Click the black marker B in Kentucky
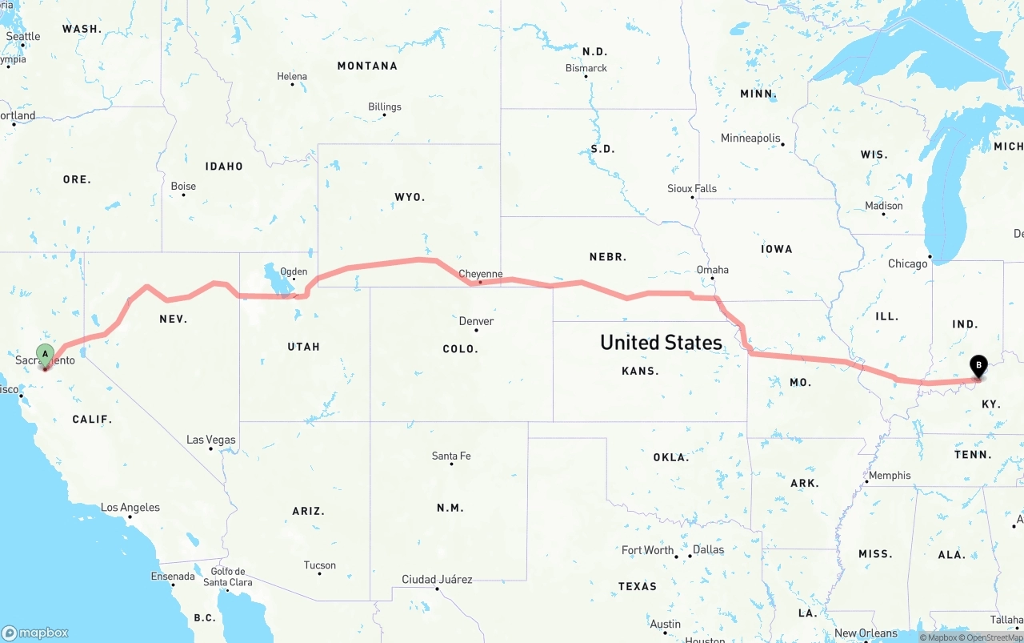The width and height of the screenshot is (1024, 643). pos(978,366)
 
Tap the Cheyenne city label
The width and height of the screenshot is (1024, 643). pos(480,274)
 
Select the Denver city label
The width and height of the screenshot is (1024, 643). pos(476,321)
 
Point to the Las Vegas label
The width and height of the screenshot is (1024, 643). pos(211,440)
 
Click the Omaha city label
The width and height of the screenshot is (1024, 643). pos(712,270)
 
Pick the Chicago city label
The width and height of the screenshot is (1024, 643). pos(907,263)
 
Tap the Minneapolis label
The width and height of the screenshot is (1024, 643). pos(750,139)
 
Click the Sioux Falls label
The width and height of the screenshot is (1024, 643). pos(692,189)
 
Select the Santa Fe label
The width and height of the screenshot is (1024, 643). pos(451,456)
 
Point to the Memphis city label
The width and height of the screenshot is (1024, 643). pos(889,476)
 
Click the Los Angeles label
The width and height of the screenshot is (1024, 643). pos(130,508)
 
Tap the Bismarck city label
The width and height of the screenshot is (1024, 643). pos(586,68)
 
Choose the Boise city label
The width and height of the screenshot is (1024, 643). pos(183,187)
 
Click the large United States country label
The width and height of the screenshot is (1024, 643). pos(661,343)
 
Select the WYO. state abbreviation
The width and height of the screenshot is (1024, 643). pos(410,197)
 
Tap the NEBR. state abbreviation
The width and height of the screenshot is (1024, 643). pos(608,257)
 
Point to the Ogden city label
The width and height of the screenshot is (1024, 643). pos(294,271)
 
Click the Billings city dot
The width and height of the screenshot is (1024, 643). pos(384,115)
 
